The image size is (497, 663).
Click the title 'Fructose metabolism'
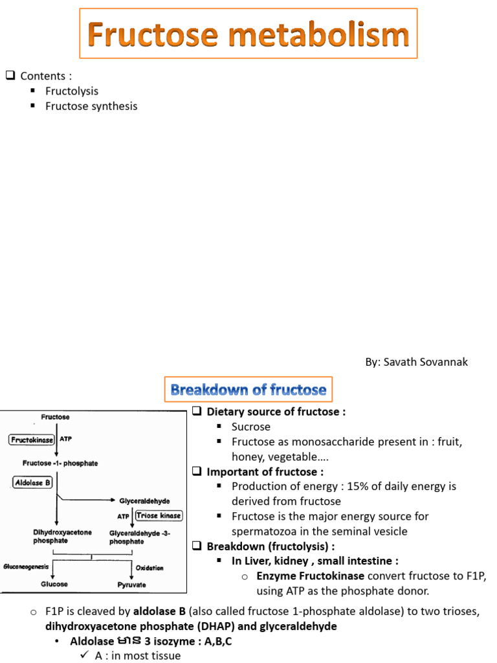[248, 34]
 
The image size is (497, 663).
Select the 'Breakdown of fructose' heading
[248, 390]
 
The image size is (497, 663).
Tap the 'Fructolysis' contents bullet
[72, 91]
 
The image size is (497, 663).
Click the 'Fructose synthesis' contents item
[91, 106]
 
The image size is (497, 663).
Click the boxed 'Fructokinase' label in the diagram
[32, 440]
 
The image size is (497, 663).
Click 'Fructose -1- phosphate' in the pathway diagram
[60, 463]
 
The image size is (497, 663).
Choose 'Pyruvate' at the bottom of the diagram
[133, 585]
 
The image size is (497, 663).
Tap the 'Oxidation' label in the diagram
[149, 568]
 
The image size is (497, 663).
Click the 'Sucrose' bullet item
[251, 427]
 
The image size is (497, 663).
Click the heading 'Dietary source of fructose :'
[276, 412]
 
